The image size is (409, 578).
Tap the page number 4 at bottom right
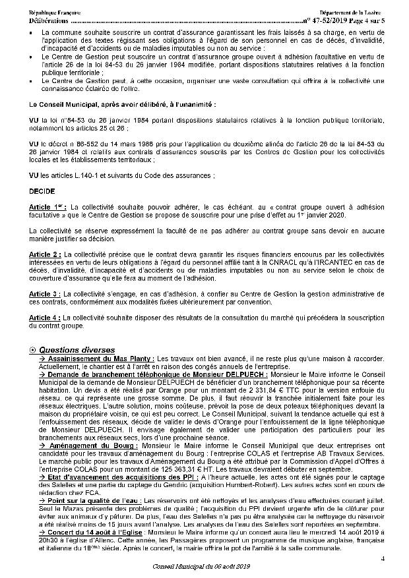point(383,559)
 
